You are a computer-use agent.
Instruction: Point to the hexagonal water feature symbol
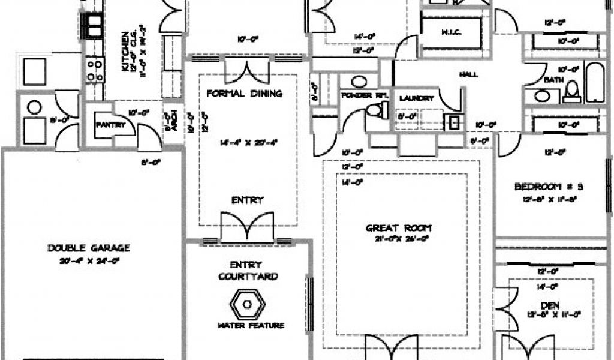(x=247, y=304)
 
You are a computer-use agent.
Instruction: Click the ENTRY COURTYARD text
(x=247, y=271)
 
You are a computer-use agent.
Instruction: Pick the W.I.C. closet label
(x=451, y=32)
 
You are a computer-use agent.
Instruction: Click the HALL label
(x=469, y=74)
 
